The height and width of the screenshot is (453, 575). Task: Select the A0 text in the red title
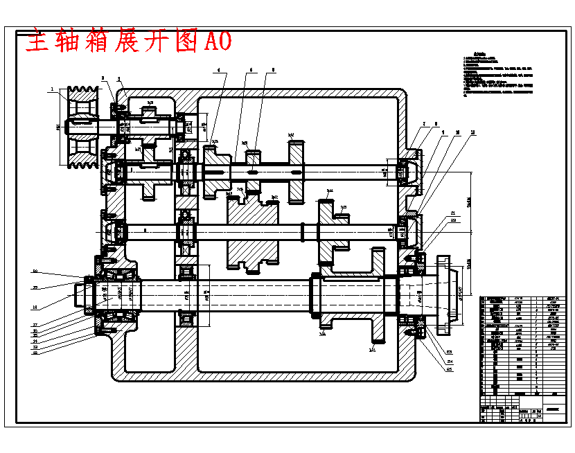[x=217, y=42]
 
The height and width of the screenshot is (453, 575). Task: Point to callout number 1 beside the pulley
[x=52, y=89]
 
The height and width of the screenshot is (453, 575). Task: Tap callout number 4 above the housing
[x=218, y=70]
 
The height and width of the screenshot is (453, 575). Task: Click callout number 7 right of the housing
[x=423, y=125]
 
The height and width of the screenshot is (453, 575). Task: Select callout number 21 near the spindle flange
[x=453, y=213]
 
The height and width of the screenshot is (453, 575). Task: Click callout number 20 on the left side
[x=35, y=272]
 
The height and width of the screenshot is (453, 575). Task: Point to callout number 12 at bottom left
[x=35, y=353]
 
